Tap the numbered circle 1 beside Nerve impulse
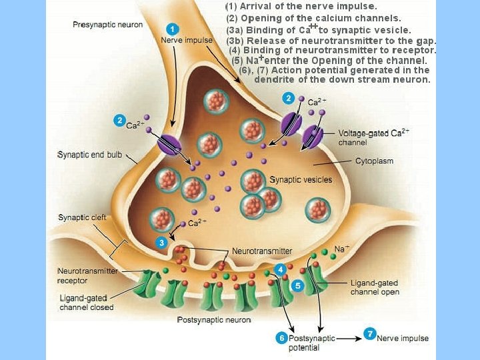click(x=173, y=29)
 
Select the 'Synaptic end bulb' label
click(x=90, y=155)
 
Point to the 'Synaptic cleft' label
click(x=82, y=217)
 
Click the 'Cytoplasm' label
click(x=374, y=161)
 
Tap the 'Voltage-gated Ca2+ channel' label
click(x=373, y=137)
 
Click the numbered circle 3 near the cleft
click(x=161, y=243)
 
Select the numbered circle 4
click(x=281, y=269)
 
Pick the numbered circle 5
click(x=298, y=285)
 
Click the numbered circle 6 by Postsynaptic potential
click(x=281, y=339)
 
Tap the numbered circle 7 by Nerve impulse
click(x=369, y=333)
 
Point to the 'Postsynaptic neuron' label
click(x=213, y=320)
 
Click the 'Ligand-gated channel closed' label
click(x=86, y=303)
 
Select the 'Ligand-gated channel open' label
click(x=375, y=287)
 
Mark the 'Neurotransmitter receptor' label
click(x=87, y=275)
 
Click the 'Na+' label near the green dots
click(x=341, y=249)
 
